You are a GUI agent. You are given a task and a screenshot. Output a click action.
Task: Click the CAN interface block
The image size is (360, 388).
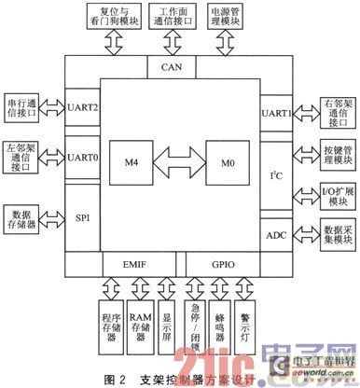pyautogui.click(x=172, y=67)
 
